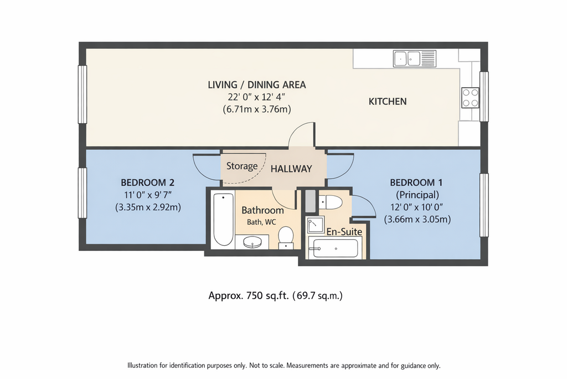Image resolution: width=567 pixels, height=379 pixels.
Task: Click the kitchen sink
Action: (x=414, y=59)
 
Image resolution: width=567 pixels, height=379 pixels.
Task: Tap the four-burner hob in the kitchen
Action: (x=470, y=98)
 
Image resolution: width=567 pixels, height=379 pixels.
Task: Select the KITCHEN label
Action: (x=387, y=102)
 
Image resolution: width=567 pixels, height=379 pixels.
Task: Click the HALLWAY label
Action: (x=291, y=169)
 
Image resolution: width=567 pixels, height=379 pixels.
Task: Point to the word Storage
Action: (x=242, y=166)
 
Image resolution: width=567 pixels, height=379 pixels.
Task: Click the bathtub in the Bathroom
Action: (x=223, y=220)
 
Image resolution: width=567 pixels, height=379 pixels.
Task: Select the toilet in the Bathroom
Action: (x=286, y=237)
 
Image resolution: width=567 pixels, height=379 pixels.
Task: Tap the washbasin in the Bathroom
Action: (x=252, y=242)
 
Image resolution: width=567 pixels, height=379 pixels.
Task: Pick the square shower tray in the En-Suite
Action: (x=315, y=225)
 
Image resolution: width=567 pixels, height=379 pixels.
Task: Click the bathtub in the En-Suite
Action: (x=335, y=248)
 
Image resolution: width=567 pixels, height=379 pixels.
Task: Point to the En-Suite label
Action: (x=344, y=232)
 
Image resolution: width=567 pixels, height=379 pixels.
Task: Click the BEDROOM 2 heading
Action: (x=147, y=182)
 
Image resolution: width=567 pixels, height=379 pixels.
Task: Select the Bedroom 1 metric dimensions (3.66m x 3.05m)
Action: (x=417, y=219)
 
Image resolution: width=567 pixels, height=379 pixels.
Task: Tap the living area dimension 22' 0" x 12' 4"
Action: (x=256, y=97)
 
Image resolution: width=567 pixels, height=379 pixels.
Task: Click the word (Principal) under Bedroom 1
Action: (x=417, y=195)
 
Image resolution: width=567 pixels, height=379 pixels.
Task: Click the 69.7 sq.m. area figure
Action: (x=317, y=296)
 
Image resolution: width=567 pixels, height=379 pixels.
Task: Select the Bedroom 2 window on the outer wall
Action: (x=83, y=193)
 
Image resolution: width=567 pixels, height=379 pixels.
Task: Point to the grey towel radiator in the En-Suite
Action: (x=310, y=201)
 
